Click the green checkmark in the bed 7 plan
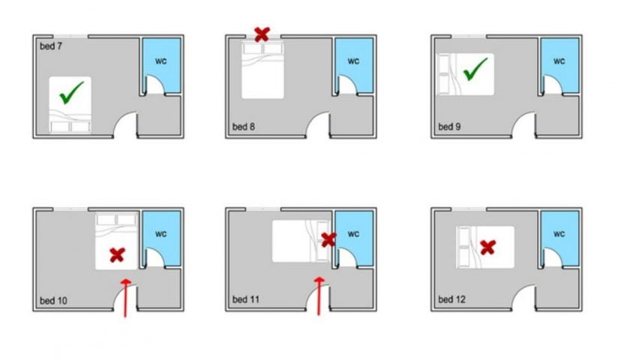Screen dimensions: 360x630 click(71, 93)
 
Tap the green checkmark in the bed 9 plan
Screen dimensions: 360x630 click(475, 72)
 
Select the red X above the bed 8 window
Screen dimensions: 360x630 click(262, 33)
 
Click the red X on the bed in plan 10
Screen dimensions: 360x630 click(117, 255)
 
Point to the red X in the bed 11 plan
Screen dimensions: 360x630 click(328, 240)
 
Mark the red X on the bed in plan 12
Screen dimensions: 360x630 click(488, 246)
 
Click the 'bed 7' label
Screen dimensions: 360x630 click(51, 46)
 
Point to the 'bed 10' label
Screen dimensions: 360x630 click(53, 301)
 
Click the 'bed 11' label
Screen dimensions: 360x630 click(245, 300)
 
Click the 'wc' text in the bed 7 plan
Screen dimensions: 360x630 click(161, 61)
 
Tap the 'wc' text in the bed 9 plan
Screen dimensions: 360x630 click(559, 61)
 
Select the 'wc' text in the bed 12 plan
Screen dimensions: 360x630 click(559, 233)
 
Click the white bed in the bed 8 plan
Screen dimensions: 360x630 click(262, 70)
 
